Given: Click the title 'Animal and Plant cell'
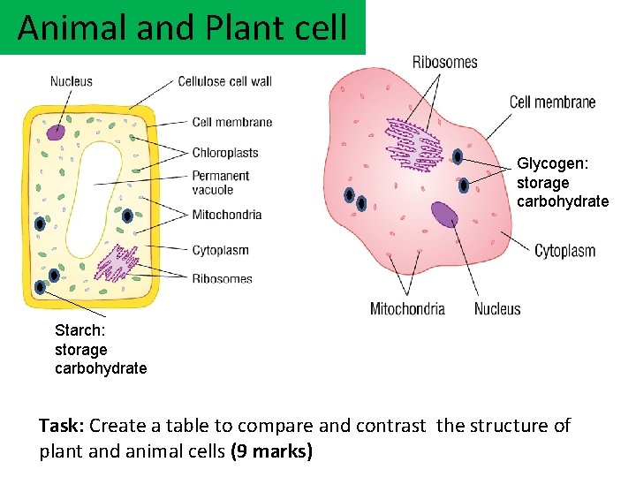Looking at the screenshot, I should [x=182, y=27].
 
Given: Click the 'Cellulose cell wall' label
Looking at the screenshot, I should [x=224, y=81].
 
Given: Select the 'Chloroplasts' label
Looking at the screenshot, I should [x=225, y=153].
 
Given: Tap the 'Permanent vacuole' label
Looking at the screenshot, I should [x=221, y=182].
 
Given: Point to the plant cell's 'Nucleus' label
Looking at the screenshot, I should [x=71, y=81].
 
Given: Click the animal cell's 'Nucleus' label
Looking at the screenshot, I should [x=497, y=309].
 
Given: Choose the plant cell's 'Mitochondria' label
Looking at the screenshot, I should [x=227, y=214].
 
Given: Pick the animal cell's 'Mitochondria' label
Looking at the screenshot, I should [x=407, y=309].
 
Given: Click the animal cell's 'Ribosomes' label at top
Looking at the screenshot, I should [x=444, y=62].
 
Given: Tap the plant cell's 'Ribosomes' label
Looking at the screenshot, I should [x=222, y=278].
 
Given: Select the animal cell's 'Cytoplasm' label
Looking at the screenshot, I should [x=564, y=251].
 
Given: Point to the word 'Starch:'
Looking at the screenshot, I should [x=80, y=330].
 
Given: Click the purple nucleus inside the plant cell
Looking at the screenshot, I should [x=57, y=132].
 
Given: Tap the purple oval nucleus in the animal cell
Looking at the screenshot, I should [x=444, y=215].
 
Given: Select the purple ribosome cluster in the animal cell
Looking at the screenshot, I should [x=413, y=143].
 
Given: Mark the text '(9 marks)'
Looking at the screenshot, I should [x=271, y=451].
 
